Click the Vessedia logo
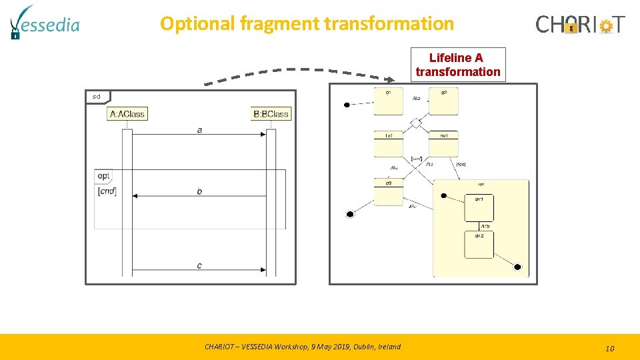pyautogui.click(x=45, y=23)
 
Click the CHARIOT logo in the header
pyautogui.click(x=580, y=25)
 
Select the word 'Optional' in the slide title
pyautogui.click(x=198, y=24)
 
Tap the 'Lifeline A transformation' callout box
pyautogui.click(x=457, y=65)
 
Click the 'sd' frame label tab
pyautogui.click(x=97, y=97)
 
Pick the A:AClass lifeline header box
pyautogui.click(x=127, y=113)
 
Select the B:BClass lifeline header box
pyautogui.click(x=271, y=113)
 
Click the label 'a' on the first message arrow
pyautogui.click(x=200, y=130)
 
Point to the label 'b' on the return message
pyautogui.click(x=199, y=191)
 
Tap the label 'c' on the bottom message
pyautogui.click(x=199, y=265)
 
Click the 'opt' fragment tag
pyautogui.click(x=103, y=176)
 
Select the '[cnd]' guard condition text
pyautogui.click(x=107, y=192)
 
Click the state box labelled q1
pyautogui.click(x=389, y=101)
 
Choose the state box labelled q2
pyautogui.click(x=443, y=101)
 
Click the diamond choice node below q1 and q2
pyautogui.click(x=416, y=123)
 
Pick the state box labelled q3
pyautogui.click(x=389, y=191)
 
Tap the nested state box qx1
pyautogui.click(x=479, y=207)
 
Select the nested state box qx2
pyautogui.click(x=479, y=244)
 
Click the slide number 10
pyautogui.click(x=609, y=348)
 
